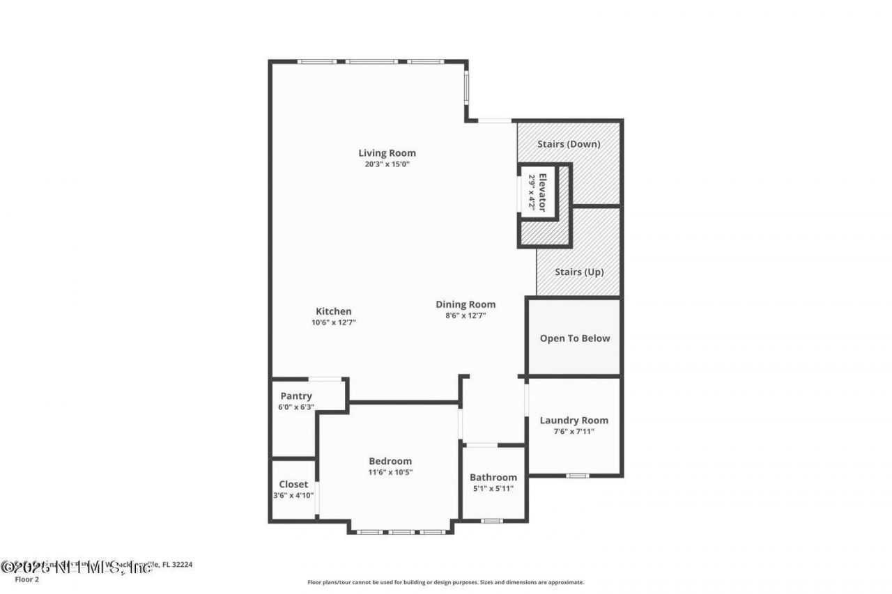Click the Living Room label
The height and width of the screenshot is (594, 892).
click(x=387, y=153)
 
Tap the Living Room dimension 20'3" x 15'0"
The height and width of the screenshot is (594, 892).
click(x=387, y=165)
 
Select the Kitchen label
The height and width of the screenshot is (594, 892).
click(x=334, y=311)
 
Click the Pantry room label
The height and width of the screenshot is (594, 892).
click(x=296, y=396)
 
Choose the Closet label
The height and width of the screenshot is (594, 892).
click(x=293, y=484)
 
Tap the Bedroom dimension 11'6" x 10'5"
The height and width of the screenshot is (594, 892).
click(x=390, y=472)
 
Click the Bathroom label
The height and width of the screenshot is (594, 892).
click(x=493, y=477)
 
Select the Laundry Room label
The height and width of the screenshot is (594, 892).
click(x=574, y=420)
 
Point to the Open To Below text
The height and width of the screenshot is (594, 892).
click(x=575, y=338)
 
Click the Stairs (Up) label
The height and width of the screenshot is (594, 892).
click(x=579, y=272)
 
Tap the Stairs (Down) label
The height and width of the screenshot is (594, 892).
click(x=569, y=144)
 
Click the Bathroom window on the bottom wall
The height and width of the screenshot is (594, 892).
click(x=492, y=520)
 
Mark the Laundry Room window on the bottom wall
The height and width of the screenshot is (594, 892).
click(x=577, y=476)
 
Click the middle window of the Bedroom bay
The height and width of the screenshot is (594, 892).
click(x=401, y=533)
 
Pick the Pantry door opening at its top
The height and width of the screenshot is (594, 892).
click(x=325, y=380)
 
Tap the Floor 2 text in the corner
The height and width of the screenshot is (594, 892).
click(x=15, y=579)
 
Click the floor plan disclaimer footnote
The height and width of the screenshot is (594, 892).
click(x=446, y=582)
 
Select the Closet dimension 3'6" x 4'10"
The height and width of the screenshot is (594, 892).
click(x=293, y=496)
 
